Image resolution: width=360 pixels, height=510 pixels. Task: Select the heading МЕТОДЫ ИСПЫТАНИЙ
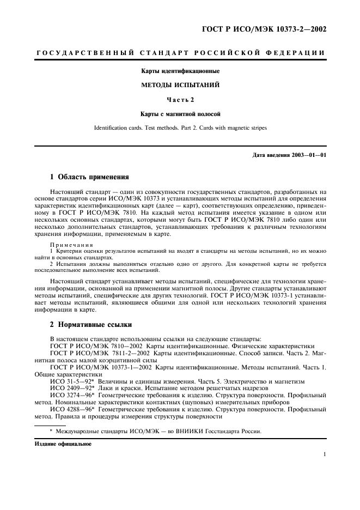click(x=180, y=85)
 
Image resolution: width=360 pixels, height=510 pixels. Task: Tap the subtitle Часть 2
click(x=180, y=99)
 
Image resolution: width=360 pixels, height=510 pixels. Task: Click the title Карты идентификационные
click(x=180, y=71)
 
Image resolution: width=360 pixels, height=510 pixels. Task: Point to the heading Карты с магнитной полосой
click(x=180, y=114)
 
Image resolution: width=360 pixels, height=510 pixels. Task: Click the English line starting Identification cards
click(x=180, y=128)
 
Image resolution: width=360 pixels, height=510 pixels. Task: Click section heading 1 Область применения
click(x=89, y=177)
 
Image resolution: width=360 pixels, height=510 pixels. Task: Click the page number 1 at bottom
click(x=324, y=454)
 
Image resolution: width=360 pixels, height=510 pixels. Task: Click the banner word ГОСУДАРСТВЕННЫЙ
click(x=82, y=53)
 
